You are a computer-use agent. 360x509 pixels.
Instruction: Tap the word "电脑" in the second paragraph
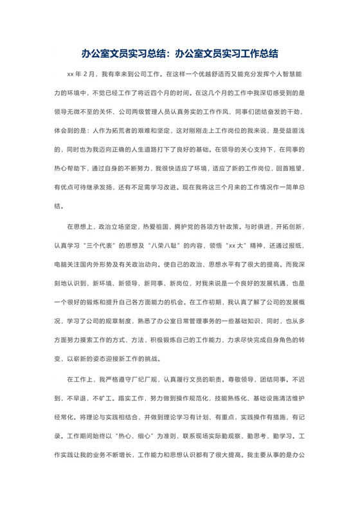pos(62,265)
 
